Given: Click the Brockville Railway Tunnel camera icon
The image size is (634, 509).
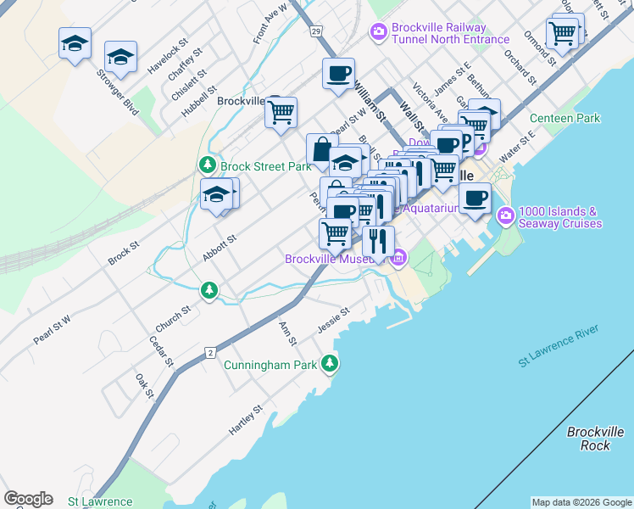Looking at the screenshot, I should [378, 31].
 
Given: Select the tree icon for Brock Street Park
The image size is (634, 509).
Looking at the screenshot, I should [207, 166].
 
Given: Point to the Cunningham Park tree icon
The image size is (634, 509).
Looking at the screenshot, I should [329, 365].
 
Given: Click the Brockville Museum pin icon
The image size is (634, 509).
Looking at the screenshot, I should [398, 258].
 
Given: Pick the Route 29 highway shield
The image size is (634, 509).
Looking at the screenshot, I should [315, 31].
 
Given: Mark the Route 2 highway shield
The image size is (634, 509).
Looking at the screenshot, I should [209, 351].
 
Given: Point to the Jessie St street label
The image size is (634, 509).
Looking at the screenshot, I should [333, 321].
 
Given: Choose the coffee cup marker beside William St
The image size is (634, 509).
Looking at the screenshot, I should [338, 73].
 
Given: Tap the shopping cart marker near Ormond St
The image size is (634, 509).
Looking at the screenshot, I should [562, 33].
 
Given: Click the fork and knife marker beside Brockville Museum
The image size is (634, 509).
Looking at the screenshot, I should [378, 241].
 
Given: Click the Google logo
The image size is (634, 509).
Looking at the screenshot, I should [28, 499].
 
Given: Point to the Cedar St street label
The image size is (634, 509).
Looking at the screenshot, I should [161, 351].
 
